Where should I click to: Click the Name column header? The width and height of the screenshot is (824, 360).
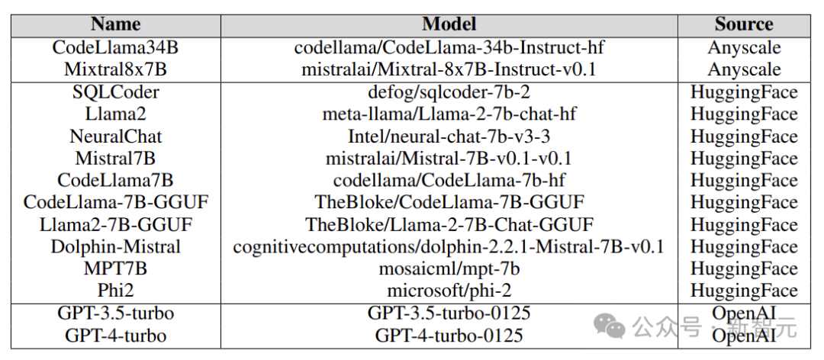pos(116,24)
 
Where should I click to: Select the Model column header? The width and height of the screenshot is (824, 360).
pos(449,24)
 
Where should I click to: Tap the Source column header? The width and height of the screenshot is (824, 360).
pos(744,24)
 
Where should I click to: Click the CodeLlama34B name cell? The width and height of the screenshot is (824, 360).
pos(115,48)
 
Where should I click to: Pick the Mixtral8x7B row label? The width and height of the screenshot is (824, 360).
pos(115,70)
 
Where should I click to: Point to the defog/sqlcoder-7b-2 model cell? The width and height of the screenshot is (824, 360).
pos(449,92)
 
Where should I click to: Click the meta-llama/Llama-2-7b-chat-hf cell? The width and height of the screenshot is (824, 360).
pos(449,114)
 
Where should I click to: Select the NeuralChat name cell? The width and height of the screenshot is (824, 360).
pos(116,137)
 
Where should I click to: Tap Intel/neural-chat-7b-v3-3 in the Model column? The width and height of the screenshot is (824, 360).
pos(449,137)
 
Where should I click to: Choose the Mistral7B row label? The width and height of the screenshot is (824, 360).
pos(115,159)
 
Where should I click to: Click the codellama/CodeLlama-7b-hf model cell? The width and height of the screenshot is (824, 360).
pos(449,181)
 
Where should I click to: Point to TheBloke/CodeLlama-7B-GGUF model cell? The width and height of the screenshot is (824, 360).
pos(449,203)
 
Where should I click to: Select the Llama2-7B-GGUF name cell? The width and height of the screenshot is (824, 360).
pos(116,225)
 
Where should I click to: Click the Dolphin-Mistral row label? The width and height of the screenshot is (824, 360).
pos(116,247)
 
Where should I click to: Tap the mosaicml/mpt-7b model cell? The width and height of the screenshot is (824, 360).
pos(449,269)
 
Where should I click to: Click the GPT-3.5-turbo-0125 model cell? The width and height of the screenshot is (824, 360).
pos(449,313)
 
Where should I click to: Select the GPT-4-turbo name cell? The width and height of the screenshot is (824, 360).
pos(116,336)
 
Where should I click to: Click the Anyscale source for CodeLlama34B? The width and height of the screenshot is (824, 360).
pos(744,48)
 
